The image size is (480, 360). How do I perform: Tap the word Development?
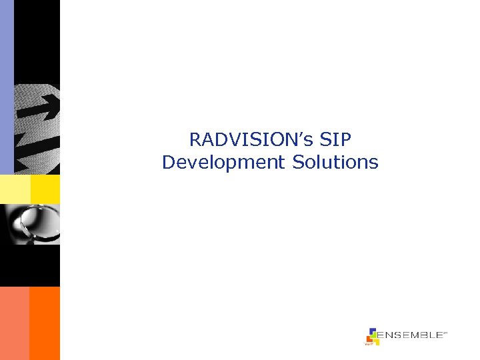coord(223,162)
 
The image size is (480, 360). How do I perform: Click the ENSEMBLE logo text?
coord(410,335)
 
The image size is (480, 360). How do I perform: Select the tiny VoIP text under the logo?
coord(367,344)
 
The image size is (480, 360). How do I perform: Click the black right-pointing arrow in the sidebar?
coord(41,106)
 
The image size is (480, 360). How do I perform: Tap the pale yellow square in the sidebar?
coord(15,189)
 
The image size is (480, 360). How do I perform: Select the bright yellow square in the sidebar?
coord(45,189)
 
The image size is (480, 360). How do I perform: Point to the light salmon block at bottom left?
coord(14,323)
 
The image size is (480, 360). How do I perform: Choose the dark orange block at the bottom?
coord(45,323)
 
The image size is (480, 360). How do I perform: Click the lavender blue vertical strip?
coord(7,87)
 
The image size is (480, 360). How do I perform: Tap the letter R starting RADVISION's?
coord(195,140)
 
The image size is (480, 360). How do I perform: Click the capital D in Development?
coord(167,162)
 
